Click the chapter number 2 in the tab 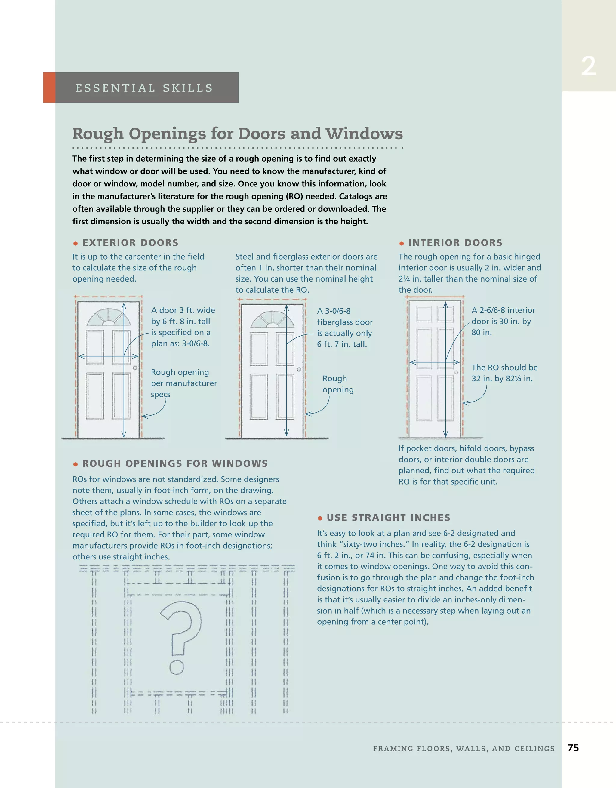pos(588,66)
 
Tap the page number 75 pos(573,748)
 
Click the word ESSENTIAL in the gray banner pos(115,88)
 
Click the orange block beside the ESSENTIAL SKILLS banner pos(49,88)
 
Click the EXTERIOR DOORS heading pos(130,243)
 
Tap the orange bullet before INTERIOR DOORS pos(401,244)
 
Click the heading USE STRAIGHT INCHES pos(388,518)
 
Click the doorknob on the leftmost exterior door pos(135,368)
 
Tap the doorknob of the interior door pos(456,372)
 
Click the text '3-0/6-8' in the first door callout pos(195,343)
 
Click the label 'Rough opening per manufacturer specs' pos(184,383)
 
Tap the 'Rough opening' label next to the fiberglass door pos(338,384)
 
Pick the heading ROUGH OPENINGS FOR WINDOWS pos(175,464)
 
